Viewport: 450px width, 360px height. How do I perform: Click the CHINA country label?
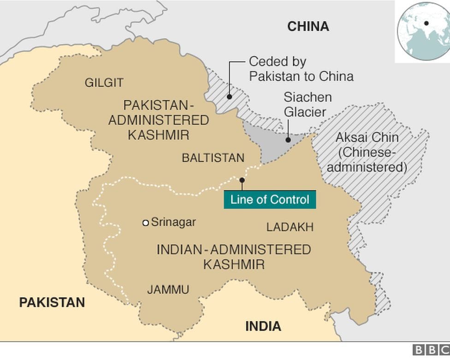[308, 26]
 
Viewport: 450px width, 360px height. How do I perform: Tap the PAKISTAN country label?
[52, 302]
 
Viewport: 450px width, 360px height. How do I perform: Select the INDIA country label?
[263, 326]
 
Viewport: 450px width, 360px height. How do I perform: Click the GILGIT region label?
[104, 83]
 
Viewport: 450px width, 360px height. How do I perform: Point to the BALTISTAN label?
[213, 158]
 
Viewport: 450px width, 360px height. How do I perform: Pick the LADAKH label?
[290, 227]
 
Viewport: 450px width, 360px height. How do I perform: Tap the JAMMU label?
[168, 290]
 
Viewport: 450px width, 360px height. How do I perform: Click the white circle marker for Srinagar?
[146, 223]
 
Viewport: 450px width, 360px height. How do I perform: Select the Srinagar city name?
[173, 222]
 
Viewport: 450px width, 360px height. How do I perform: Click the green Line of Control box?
[270, 200]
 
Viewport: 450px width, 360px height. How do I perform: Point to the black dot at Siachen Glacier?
[288, 139]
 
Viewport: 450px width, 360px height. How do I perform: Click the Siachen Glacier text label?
[307, 104]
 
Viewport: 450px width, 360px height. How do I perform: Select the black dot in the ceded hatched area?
[229, 97]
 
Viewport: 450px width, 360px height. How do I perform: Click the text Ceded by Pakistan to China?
[301, 69]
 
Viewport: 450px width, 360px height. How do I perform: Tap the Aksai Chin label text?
[367, 152]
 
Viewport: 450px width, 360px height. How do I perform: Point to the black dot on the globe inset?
[426, 23]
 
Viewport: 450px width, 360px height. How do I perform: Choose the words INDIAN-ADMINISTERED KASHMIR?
[234, 257]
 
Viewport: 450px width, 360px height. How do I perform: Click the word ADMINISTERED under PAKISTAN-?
[158, 120]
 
